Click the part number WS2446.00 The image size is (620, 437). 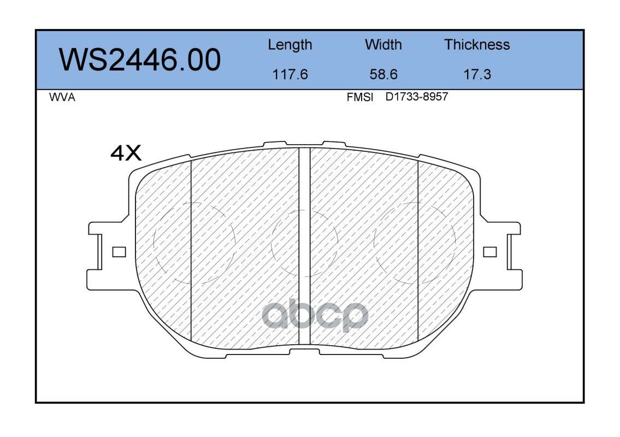pos(140,60)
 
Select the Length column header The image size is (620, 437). pos(290,45)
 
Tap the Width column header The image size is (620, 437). pos(383,44)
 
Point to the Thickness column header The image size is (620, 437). pos(477,44)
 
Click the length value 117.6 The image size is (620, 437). pos(290,74)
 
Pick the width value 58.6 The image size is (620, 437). pos(383,74)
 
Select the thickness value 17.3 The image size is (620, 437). pos(477,74)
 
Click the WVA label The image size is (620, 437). pos(62,97)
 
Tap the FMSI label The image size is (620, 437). pos(360,97)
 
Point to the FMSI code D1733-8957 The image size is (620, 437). pos(417,97)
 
